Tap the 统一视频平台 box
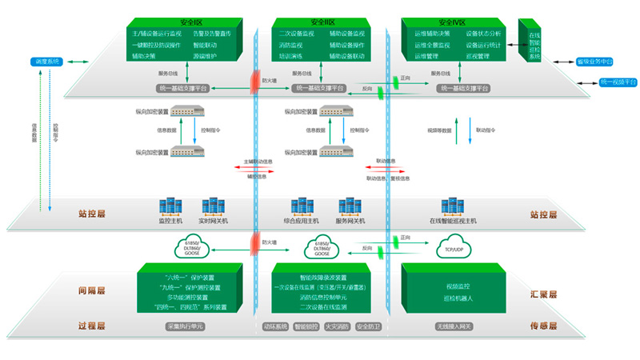[618, 82]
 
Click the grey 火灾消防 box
[336, 326]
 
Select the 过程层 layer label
[91, 326]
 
